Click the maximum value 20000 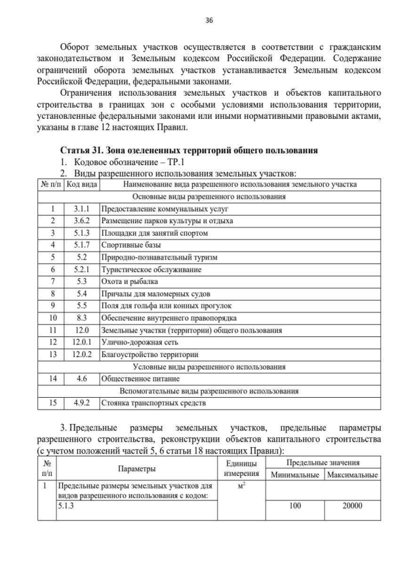point(352,506)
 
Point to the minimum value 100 point(296,506)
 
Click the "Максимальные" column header point(352,475)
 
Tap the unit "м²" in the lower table point(241,485)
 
